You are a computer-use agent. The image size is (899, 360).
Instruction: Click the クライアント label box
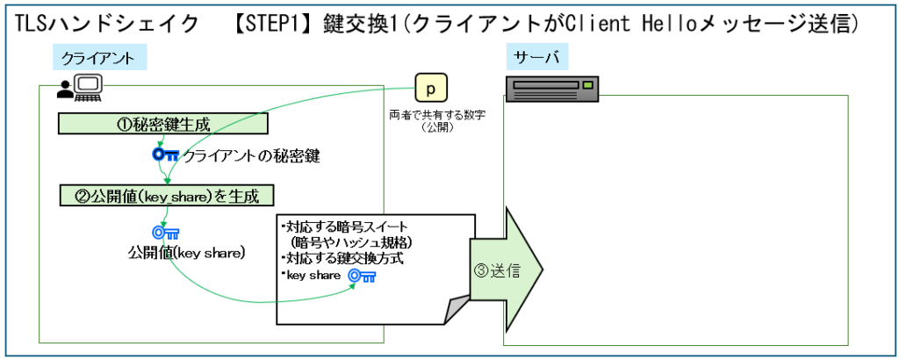(x=97, y=59)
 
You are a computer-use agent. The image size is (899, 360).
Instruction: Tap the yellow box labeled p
(x=430, y=90)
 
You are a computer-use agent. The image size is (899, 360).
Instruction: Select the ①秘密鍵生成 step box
(x=163, y=124)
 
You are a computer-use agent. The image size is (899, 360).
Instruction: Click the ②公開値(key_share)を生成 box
(x=163, y=194)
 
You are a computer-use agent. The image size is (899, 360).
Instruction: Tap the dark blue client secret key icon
(x=164, y=155)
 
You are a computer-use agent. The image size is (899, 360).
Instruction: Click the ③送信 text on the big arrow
(x=502, y=270)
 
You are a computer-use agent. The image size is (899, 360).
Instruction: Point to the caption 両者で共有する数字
(x=430, y=115)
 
